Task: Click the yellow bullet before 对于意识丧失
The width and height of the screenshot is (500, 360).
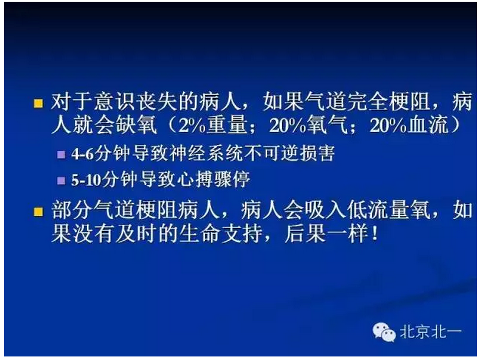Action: click(x=38, y=103)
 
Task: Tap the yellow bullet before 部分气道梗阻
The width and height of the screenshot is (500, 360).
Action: click(x=38, y=211)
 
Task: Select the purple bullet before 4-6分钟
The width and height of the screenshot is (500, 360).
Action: click(x=61, y=154)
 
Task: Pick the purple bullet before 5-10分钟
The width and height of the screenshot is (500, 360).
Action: click(x=61, y=180)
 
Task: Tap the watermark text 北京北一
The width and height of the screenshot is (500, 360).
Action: click(x=430, y=332)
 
